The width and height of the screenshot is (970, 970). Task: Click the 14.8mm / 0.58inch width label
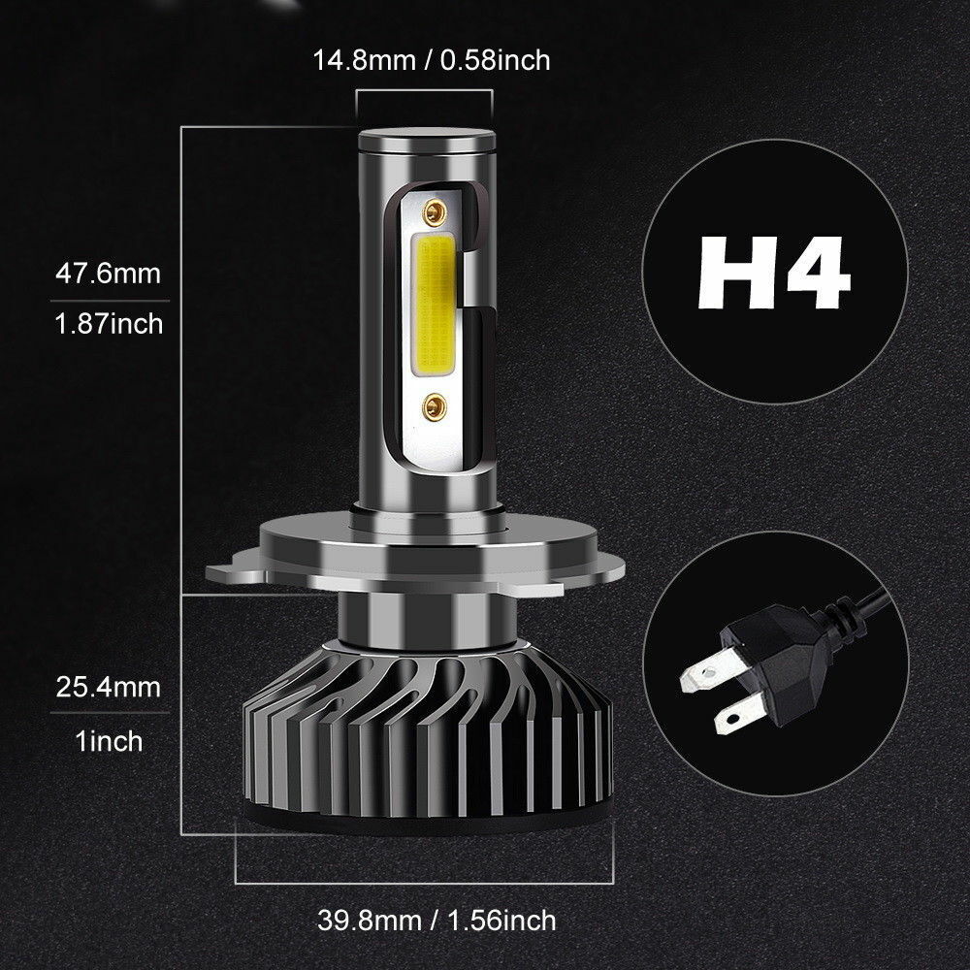coord(431,60)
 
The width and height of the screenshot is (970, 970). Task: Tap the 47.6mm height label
coord(107,274)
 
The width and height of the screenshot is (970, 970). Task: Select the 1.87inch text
coord(107,322)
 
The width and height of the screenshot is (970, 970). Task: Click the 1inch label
coord(107,741)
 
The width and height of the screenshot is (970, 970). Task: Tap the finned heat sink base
coord(427,737)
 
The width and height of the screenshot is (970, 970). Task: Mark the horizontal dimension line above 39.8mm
coord(427,882)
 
